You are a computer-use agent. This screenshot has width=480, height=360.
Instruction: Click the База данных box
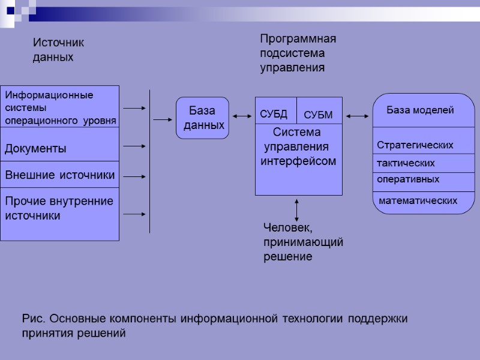[x=202, y=118]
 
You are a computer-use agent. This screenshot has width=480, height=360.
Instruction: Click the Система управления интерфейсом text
[x=298, y=147]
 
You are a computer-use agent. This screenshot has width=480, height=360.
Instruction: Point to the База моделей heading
[x=419, y=110]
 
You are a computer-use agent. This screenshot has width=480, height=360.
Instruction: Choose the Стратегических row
[x=415, y=145]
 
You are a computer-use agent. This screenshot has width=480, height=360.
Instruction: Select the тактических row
[x=406, y=163]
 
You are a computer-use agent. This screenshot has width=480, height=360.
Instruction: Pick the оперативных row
[x=408, y=179]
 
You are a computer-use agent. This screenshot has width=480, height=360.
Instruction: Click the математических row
[x=418, y=200]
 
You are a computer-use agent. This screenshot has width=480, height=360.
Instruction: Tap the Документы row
[x=36, y=148]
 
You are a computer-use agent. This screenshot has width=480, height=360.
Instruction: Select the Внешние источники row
[x=59, y=175]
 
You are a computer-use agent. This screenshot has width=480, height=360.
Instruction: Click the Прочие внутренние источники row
[x=59, y=208]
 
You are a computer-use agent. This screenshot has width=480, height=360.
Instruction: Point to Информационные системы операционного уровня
[x=59, y=107]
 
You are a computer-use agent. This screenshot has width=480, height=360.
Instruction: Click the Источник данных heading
[x=58, y=50]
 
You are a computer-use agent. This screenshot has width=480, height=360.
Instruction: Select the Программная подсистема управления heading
[x=298, y=53]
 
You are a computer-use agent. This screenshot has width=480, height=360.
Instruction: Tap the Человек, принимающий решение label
[x=303, y=242]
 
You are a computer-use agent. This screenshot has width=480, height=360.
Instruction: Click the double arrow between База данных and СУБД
[x=242, y=116]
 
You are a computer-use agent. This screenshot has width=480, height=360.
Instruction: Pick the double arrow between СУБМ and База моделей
[x=358, y=116]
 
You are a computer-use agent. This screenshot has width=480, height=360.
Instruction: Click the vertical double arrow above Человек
[x=297, y=210]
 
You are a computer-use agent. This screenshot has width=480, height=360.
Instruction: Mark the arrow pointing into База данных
[x=162, y=119]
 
